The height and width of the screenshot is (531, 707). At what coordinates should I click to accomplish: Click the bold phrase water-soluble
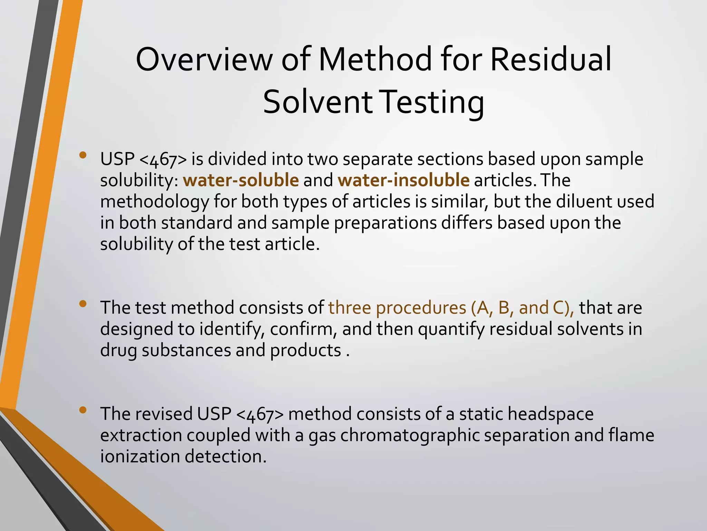241,180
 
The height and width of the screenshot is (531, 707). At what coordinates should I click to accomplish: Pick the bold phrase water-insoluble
404,180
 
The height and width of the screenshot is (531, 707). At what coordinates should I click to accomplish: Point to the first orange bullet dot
83,155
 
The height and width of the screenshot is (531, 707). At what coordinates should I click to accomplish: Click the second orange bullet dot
83,304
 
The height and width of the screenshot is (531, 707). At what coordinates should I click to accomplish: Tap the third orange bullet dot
83,410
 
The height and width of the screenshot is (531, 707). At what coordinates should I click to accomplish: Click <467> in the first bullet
164,159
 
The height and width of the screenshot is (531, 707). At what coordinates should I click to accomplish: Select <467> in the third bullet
260,414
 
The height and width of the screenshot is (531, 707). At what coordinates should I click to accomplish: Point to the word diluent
589,201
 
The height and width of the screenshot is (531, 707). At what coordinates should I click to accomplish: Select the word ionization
140,456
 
